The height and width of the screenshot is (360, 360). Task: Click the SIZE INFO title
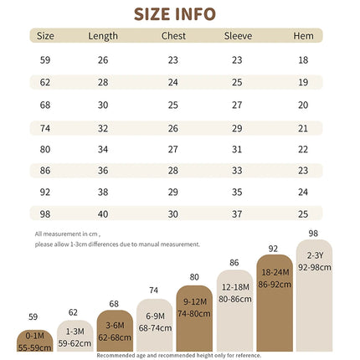pos(175,14)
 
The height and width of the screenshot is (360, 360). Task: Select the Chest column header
pos(173,36)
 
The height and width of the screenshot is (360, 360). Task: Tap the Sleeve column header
pos(238,36)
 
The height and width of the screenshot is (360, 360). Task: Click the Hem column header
pos(303,36)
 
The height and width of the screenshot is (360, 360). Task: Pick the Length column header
pos(103,36)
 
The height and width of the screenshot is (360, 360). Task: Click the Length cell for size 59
pos(103,60)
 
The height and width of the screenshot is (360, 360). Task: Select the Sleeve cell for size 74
pos(237,128)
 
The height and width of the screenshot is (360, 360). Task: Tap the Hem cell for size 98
pos(303,214)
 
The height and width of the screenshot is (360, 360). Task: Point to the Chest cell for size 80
pos(172,149)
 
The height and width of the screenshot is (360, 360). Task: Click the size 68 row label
pos(45,105)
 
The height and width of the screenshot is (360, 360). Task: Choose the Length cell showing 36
pos(103,171)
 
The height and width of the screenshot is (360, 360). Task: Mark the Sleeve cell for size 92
pos(237,192)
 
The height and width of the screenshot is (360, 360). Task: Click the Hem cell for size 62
pos(303,82)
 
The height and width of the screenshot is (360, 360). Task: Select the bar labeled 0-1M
pos(35,341)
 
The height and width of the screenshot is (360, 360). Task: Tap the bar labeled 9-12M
pos(194,318)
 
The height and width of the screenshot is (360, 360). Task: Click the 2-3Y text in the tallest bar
pos(315,255)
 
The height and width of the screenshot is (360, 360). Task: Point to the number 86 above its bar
pos(234,263)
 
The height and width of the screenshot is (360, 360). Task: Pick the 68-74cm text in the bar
pos(155,328)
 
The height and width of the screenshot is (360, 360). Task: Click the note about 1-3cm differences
pos(117,244)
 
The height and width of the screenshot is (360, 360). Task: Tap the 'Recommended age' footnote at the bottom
pos(179,356)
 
